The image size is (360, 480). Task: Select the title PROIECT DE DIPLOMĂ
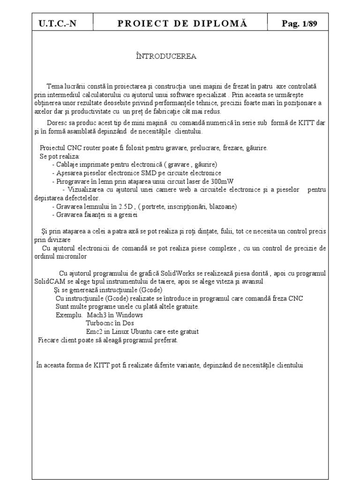coord(180,24)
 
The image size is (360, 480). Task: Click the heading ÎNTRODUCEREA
coord(166,57)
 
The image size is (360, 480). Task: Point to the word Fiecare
coord(49,340)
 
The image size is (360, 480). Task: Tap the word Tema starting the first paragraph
coord(54,87)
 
